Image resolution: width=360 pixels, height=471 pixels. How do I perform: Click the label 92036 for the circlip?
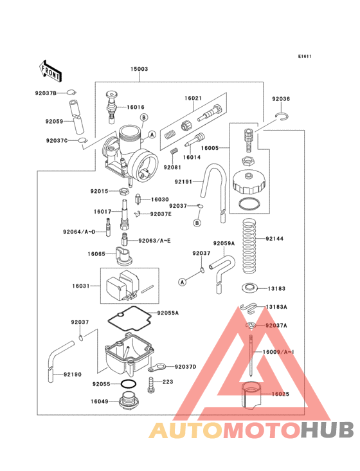tap(280, 99)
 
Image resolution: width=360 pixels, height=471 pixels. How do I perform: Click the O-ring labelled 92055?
tap(129, 385)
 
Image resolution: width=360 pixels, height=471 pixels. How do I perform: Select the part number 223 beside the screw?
tap(168, 382)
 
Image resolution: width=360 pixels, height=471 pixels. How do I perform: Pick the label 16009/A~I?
tap(278, 353)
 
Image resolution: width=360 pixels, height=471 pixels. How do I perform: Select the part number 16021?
tap(193, 98)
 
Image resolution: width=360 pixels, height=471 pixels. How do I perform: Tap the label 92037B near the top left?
tap(46, 93)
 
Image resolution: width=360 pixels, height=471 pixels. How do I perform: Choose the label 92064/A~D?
tap(79, 232)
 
